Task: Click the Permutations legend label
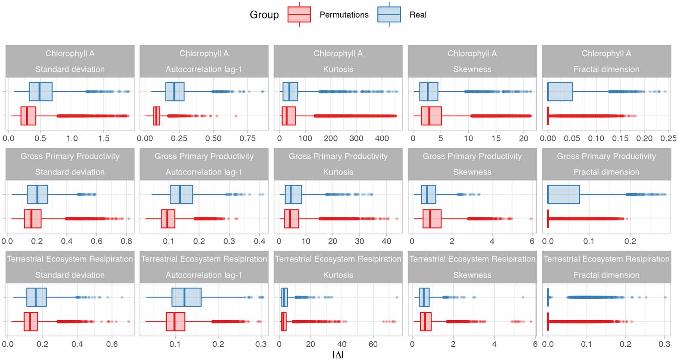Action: click(x=344, y=15)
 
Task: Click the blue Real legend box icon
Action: click(x=389, y=15)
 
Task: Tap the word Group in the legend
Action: click(x=264, y=15)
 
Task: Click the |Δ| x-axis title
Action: click(x=338, y=354)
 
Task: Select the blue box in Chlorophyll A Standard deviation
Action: click(x=40, y=92)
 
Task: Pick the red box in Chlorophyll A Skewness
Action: click(x=431, y=116)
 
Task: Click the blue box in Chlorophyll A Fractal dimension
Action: click(x=560, y=92)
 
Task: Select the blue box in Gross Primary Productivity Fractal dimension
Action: click(x=564, y=195)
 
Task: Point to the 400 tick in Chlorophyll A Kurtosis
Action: click(x=382, y=138)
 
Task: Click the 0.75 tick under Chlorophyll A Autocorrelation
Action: click(x=248, y=138)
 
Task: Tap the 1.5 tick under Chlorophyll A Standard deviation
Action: click(x=104, y=138)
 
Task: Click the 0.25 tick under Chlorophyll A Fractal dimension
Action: click(x=668, y=138)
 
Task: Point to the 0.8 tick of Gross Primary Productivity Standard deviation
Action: click(x=126, y=241)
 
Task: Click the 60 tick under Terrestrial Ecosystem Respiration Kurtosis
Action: click(x=373, y=344)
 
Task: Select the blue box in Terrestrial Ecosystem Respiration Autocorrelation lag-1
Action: click(x=186, y=298)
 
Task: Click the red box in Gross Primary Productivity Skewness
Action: click(x=432, y=219)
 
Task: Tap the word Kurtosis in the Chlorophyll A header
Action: click(x=338, y=69)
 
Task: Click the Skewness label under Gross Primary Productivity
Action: click(x=472, y=172)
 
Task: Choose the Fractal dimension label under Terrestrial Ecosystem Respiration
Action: click(x=606, y=275)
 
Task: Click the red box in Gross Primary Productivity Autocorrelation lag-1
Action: click(x=168, y=219)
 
